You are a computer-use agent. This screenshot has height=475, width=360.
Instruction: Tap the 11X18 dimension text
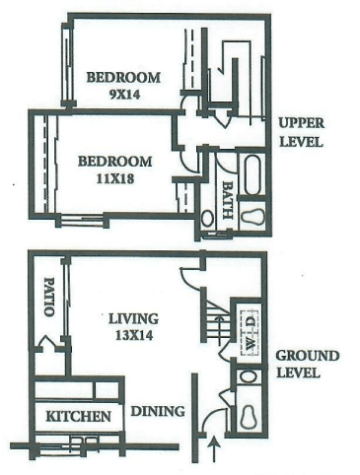115,180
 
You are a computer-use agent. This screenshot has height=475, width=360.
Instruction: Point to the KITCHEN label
78,417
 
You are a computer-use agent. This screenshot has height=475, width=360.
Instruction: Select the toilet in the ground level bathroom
251,417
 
